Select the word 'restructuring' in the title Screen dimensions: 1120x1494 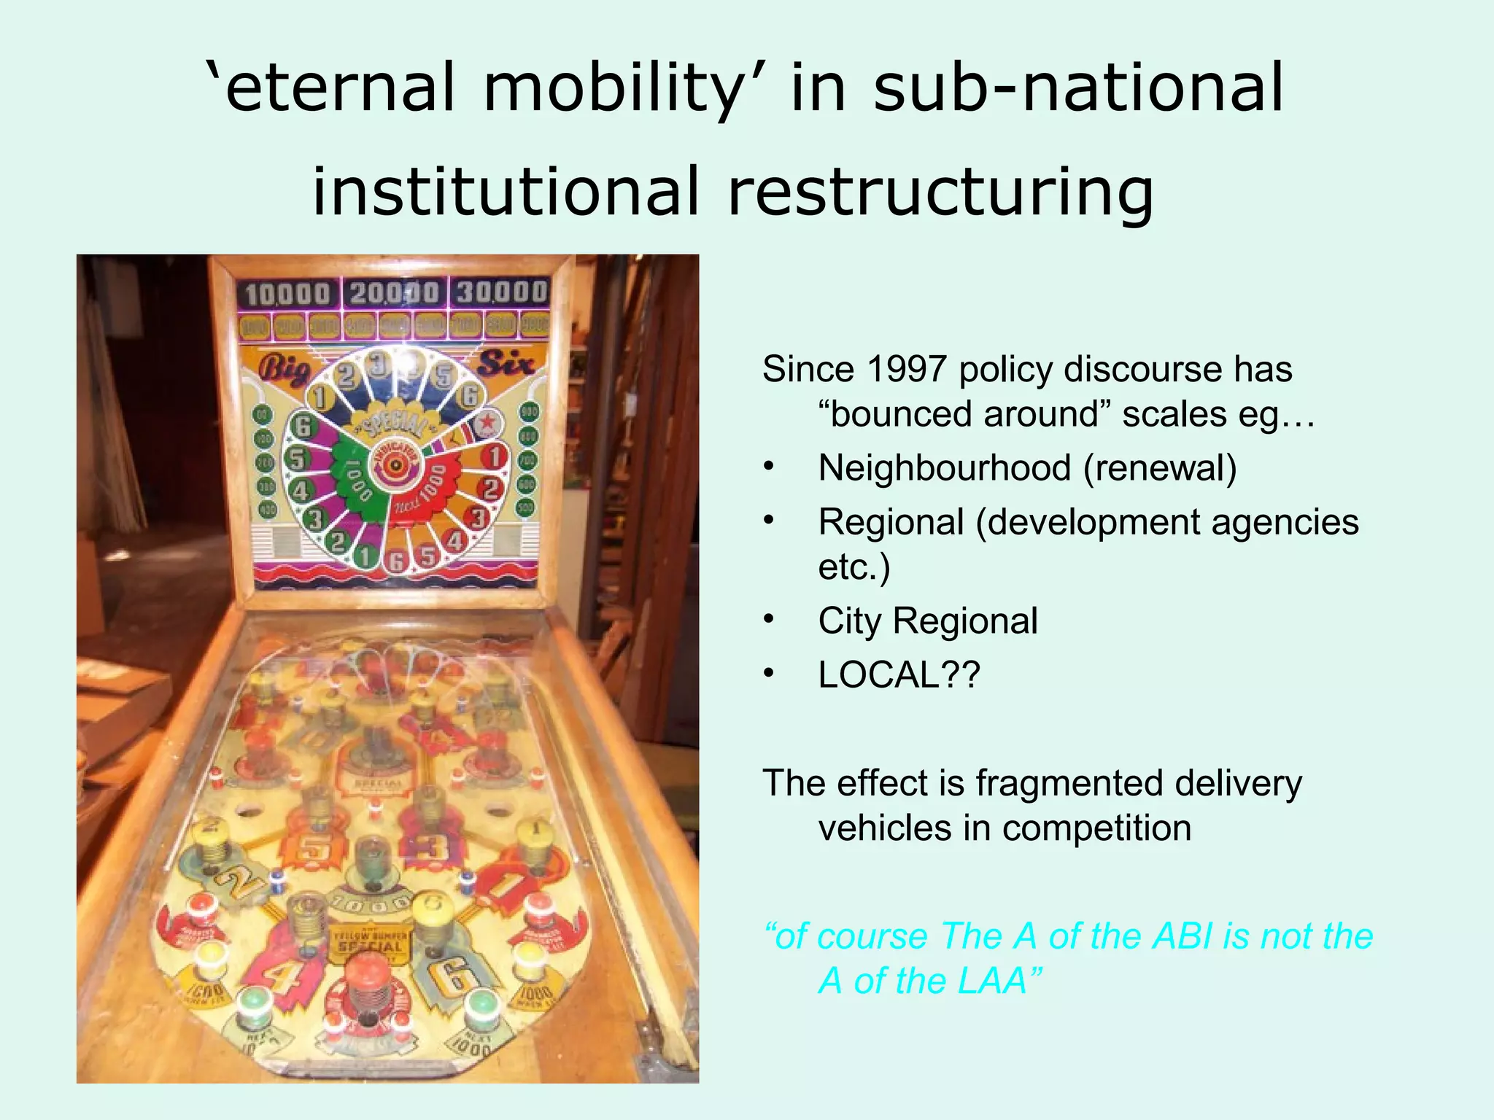(941, 192)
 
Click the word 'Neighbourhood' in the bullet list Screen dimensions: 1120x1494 (943, 467)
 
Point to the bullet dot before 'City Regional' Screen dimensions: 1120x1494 (767, 621)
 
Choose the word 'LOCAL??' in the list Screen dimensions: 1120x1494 (899, 674)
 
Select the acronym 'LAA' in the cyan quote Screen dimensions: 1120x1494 (993, 981)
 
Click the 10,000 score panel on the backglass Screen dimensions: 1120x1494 (287, 294)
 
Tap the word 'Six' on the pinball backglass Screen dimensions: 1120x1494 (505, 362)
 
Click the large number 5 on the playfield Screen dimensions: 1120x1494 (314, 848)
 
